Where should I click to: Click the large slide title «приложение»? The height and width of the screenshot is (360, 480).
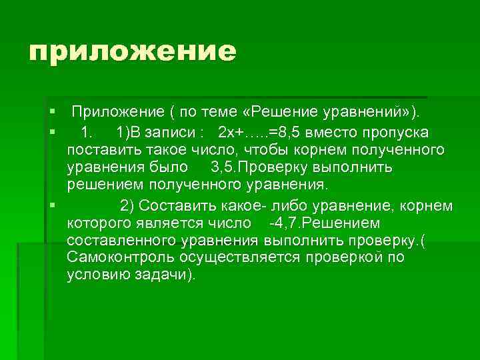[133, 51]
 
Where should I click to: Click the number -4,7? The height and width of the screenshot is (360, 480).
[282, 221]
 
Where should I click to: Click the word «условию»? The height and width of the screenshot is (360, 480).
[96, 274]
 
